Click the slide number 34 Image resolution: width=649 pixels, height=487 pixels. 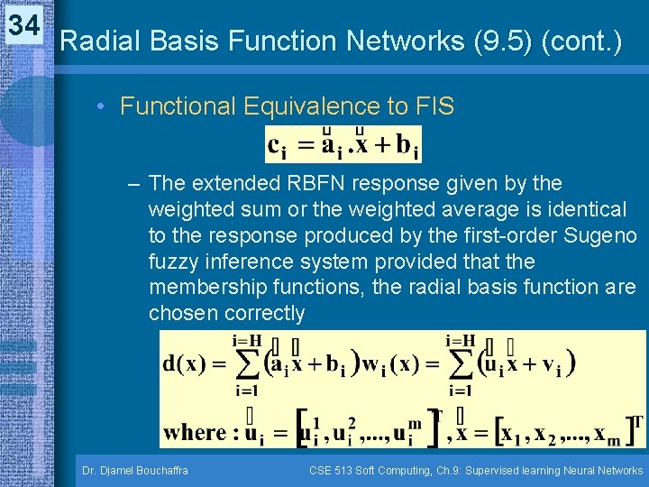point(24,25)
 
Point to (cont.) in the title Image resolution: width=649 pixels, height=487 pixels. point(581,41)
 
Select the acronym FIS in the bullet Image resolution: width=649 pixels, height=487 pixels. point(434,106)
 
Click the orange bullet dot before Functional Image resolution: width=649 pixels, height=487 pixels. point(104,107)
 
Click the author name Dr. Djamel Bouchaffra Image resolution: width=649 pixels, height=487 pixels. point(136,470)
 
